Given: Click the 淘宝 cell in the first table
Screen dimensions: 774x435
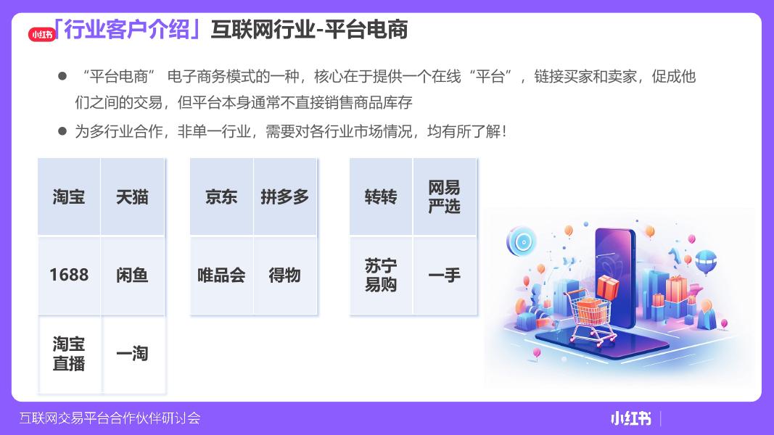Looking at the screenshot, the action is coord(69,196).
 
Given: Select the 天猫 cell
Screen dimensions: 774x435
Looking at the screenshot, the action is coord(132,196).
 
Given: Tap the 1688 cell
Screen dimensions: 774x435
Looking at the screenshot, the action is coord(69,275).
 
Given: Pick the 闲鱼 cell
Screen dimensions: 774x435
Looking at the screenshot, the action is coord(132,275).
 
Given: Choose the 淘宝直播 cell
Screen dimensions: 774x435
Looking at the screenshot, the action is coord(69,354).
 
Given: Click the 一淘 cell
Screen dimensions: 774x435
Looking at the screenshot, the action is coord(133,354).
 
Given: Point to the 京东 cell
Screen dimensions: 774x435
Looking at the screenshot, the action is coord(222,196).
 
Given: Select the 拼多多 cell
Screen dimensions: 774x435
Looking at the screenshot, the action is coord(285,196).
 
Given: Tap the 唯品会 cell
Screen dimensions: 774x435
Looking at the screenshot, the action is coord(222,275).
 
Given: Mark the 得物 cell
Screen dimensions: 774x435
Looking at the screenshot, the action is coord(285,275).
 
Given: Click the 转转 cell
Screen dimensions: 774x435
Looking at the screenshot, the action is coord(381,196).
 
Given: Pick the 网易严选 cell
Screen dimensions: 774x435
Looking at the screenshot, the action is coord(444,196).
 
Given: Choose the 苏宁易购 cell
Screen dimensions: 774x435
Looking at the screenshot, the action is coord(381,275).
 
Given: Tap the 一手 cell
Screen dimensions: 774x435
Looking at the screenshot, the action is coord(444,275).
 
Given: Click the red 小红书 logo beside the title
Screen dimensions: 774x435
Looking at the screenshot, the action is coord(42,35).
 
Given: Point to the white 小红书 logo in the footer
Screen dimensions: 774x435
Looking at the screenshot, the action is coord(631,419).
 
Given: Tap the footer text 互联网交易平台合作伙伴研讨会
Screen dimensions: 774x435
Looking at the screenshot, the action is coord(110,418).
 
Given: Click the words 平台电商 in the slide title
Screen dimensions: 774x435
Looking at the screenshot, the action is coord(366,30).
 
